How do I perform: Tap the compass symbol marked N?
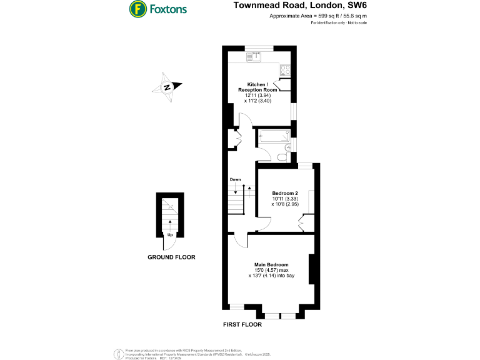pos(167,87)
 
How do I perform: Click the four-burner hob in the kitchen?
pos(284,70)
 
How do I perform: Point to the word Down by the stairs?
pos(235,179)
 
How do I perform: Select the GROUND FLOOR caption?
pos(171,257)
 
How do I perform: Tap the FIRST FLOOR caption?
pos(242,325)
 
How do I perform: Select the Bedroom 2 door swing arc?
pos(265,224)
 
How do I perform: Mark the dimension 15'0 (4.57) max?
pos(271,270)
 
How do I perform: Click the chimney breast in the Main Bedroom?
pos(311,269)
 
